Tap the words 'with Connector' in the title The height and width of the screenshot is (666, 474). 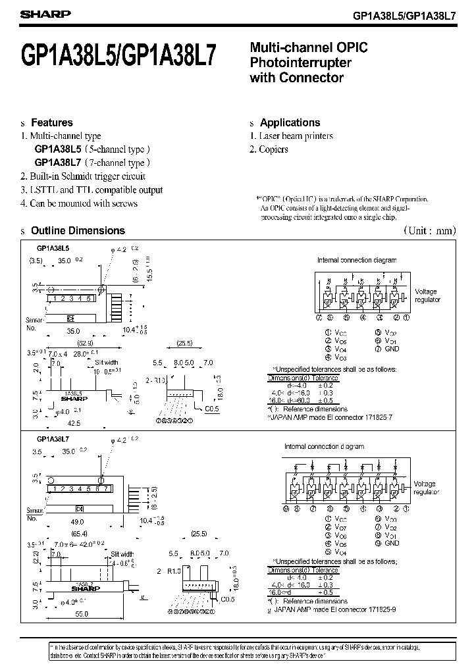[297, 78]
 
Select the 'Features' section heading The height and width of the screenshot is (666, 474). [52, 122]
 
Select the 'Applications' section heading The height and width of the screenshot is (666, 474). [290, 122]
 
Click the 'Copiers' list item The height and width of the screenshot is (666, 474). [274, 149]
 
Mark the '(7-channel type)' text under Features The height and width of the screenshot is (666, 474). [117, 163]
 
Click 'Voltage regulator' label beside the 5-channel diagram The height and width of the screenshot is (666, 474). [427, 295]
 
